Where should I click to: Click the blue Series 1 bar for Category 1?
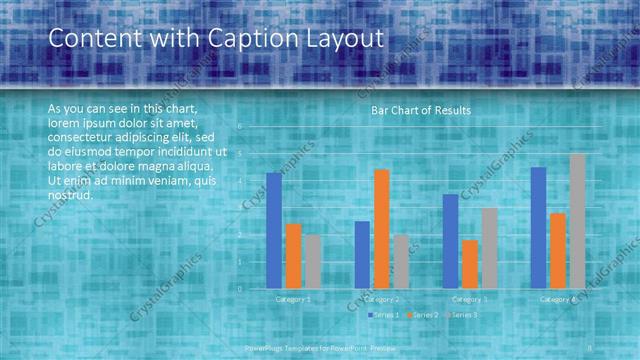[274, 230]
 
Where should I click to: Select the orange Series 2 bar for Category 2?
[381, 229]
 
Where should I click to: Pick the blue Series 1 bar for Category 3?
[450, 241]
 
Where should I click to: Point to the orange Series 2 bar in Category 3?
[469, 264]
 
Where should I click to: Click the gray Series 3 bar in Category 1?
[312, 262]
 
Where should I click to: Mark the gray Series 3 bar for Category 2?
[400, 262]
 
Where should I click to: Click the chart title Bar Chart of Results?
[421, 110]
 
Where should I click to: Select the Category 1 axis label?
[293, 299]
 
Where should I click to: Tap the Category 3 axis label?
[469, 299]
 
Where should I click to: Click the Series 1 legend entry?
[384, 315]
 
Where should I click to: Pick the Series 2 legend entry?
[423, 315]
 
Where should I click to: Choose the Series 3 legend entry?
[462, 315]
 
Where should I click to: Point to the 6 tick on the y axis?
[240, 127]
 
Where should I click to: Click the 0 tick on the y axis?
[240, 289]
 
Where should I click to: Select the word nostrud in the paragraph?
[70, 194]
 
